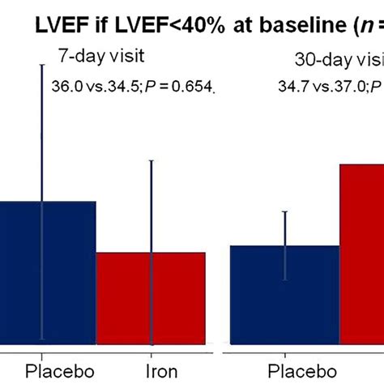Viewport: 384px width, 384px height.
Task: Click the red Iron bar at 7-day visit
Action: pyautogui.click(x=151, y=300)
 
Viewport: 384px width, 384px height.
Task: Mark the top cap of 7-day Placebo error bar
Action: pyautogui.click(x=42, y=64)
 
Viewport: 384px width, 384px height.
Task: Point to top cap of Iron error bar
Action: pyautogui.click(x=151, y=160)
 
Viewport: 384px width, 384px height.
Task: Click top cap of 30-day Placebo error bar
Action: pyautogui.click(x=285, y=211)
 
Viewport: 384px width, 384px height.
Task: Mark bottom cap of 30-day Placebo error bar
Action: pyautogui.click(x=285, y=280)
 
